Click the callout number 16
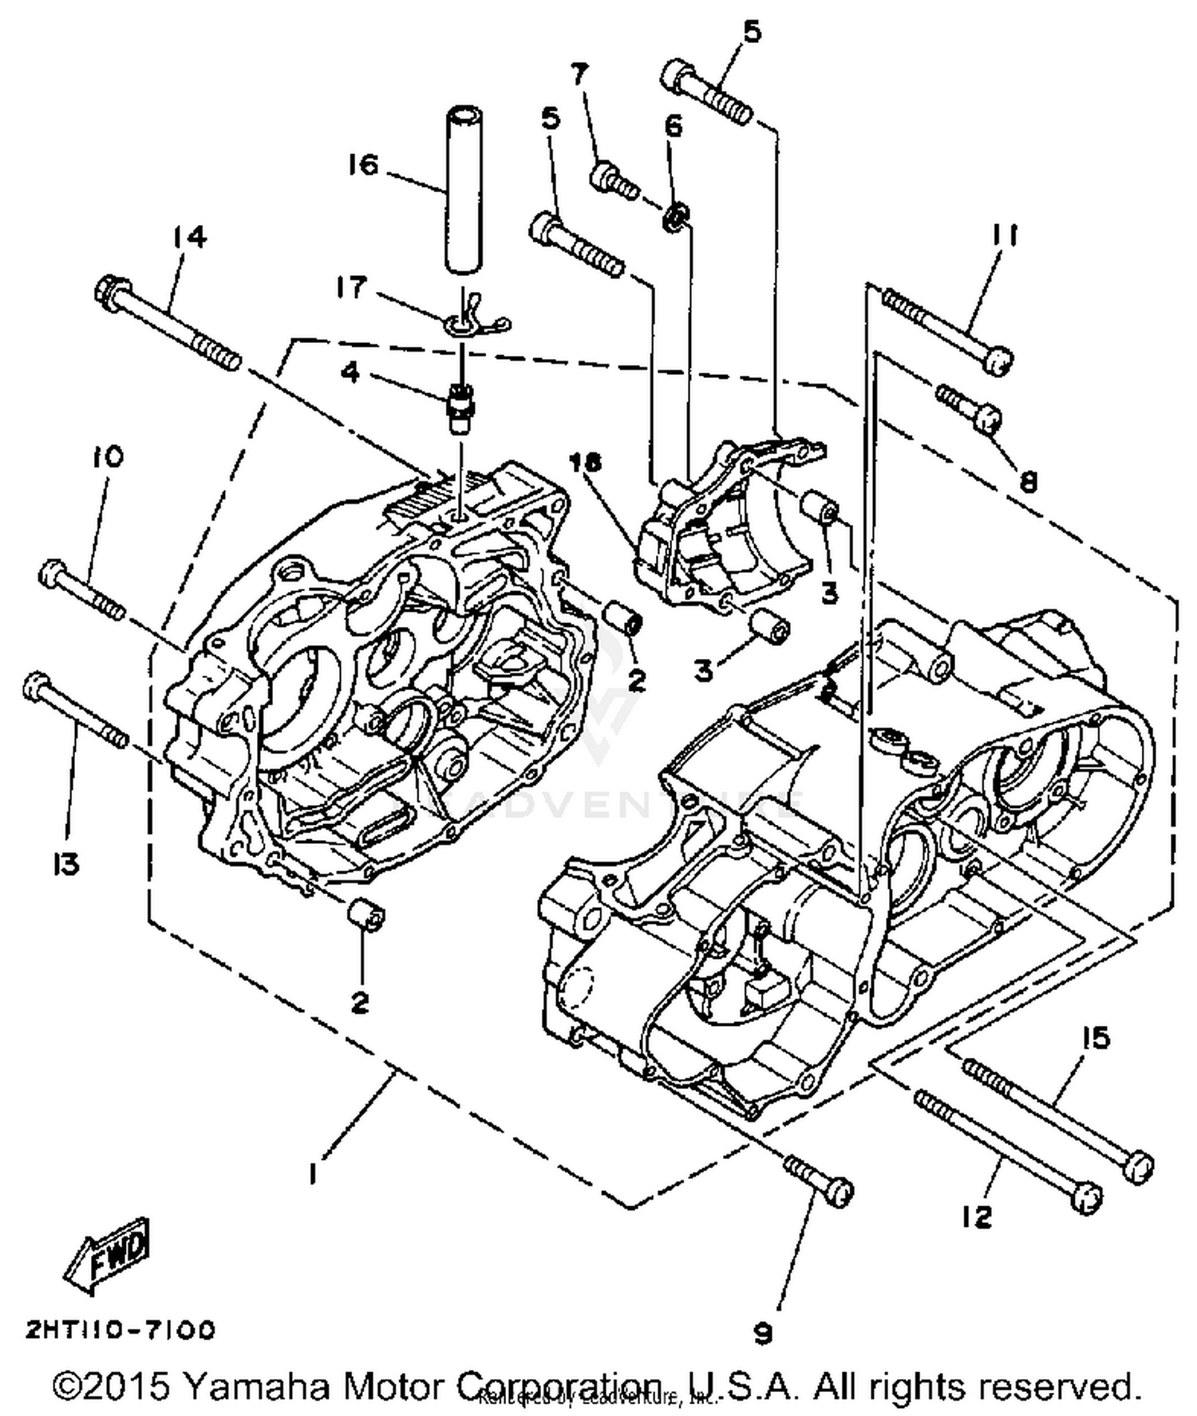tap(361, 165)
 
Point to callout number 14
tap(189, 237)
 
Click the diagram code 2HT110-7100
tap(120, 1330)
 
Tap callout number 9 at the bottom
tap(763, 1332)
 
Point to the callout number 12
tap(977, 1217)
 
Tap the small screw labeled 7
tap(614, 179)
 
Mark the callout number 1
tap(314, 1173)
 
